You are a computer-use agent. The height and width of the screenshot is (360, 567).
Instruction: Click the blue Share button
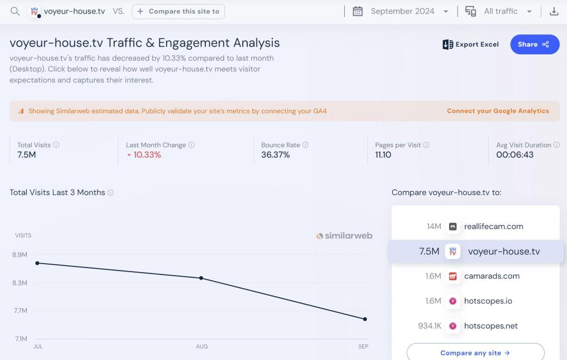point(534,44)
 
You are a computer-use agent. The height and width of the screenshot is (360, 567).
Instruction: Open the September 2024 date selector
point(402,11)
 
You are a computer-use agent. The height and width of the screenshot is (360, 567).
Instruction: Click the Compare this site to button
point(179,11)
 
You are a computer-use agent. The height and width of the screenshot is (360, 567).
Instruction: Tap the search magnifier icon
point(15,11)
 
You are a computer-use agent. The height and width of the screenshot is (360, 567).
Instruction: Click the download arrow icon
point(554,11)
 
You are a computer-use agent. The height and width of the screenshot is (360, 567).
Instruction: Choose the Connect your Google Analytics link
point(498,111)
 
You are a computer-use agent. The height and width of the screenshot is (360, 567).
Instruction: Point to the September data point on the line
point(365,319)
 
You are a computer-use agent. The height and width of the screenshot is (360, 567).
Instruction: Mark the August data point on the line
point(201,278)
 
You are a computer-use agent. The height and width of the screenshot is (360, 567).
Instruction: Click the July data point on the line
point(37,263)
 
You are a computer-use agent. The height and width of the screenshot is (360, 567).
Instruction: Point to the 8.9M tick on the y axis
point(20,255)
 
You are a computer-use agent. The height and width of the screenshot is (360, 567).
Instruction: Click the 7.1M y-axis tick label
point(20,338)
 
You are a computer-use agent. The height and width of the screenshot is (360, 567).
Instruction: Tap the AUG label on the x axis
point(201,346)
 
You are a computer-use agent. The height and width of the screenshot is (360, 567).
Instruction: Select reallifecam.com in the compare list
point(493,226)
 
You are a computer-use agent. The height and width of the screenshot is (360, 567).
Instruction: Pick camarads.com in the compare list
point(492,276)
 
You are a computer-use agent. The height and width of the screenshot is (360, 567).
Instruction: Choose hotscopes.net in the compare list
point(490,326)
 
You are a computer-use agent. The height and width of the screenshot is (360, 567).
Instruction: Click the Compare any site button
point(475,353)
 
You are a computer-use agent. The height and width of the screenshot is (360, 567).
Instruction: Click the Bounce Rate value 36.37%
point(276,155)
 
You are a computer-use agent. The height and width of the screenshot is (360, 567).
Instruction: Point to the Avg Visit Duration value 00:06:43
point(515,155)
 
